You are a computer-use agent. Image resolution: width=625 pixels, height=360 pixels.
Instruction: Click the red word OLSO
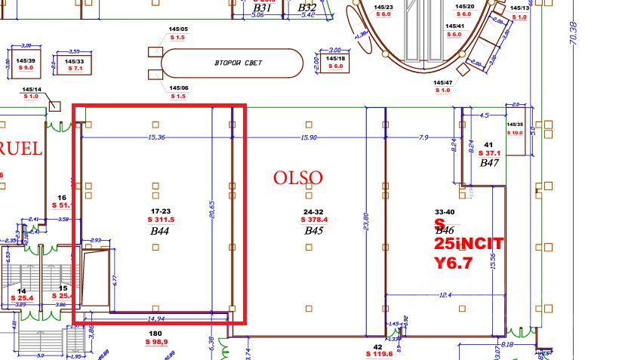click(x=298, y=178)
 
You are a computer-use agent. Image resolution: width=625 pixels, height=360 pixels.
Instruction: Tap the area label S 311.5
click(x=161, y=220)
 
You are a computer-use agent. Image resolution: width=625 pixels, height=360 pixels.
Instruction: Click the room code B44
click(x=159, y=230)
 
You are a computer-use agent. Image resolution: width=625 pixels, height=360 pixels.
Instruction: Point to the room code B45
click(x=313, y=230)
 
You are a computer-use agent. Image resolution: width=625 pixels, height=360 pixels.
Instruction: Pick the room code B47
click(x=489, y=162)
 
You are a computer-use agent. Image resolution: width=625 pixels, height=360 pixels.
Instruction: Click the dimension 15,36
click(x=157, y=137)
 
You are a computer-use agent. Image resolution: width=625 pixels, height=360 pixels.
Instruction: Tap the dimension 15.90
click(x=308, y=137)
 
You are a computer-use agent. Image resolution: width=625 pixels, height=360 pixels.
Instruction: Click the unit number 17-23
click(x=160, y=211)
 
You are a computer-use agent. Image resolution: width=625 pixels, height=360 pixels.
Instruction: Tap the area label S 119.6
click(x=378, y=353)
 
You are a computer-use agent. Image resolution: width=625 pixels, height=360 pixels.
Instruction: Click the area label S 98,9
click(x=156, y=342)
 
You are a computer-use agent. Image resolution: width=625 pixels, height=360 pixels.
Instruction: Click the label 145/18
click(x=335, y=58)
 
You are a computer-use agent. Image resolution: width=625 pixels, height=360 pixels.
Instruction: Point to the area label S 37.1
click(x=488, y=153)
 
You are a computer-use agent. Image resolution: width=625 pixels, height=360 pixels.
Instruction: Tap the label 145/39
click(x=26, y=60)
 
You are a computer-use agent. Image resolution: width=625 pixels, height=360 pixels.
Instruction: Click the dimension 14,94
click(x=157, y=319)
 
